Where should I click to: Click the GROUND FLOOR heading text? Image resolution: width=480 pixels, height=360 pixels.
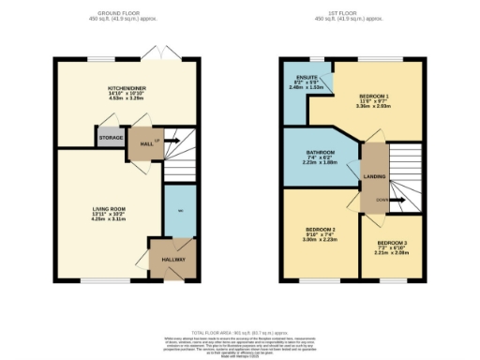click(x=125, y=13)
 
